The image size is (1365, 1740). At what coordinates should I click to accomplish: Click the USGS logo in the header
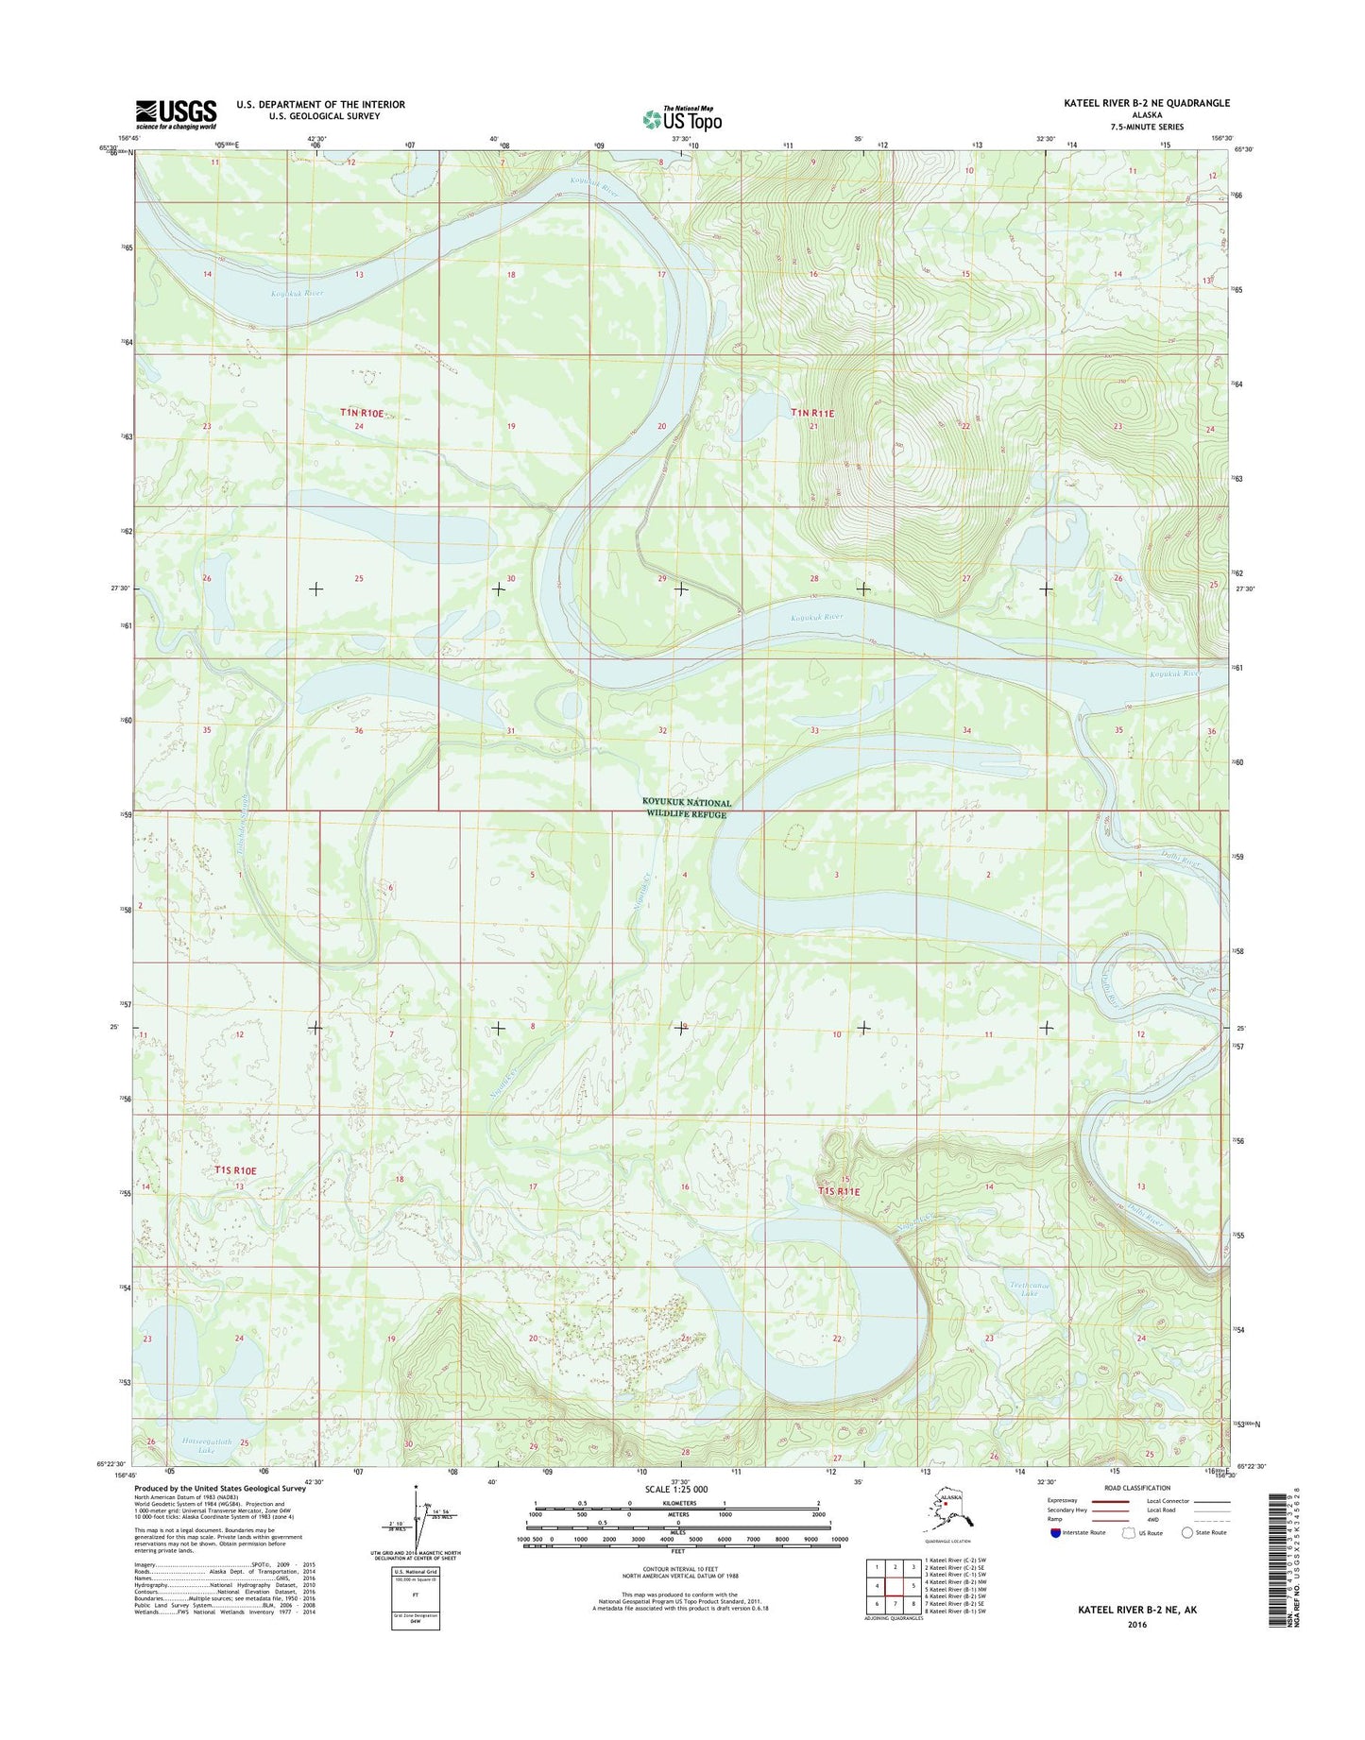click(176, 113)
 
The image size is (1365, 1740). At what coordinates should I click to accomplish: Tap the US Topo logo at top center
click(682, 119)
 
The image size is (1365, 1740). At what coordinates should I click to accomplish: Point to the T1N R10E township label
click(363, 413)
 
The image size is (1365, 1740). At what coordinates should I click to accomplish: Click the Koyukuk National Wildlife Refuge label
click(687, 809)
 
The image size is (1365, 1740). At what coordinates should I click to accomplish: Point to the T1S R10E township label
click(235, 1170)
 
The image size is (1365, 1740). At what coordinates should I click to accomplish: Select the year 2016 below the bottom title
click(1136, 1626)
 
